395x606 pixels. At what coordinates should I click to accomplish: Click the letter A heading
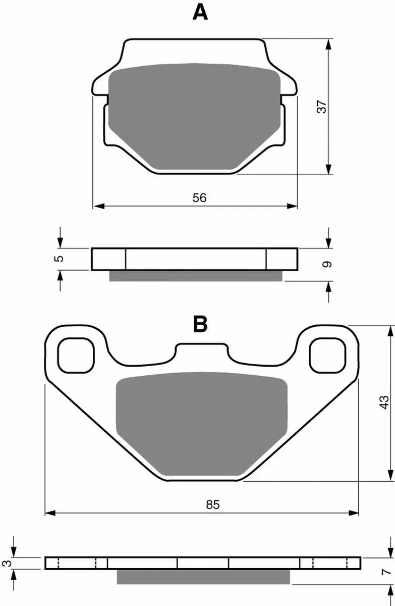200,13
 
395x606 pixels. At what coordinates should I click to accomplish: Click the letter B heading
200,324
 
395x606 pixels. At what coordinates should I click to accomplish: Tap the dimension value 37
322,107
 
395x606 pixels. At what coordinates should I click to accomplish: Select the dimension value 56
199,198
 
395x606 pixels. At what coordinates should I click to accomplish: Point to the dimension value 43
384,402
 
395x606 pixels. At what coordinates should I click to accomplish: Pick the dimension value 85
213,504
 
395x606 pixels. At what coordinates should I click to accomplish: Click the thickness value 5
59,259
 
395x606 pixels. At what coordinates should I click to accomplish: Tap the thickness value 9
327,264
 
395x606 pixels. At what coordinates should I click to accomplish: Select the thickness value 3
7,563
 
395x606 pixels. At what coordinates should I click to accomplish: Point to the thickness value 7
386,572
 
